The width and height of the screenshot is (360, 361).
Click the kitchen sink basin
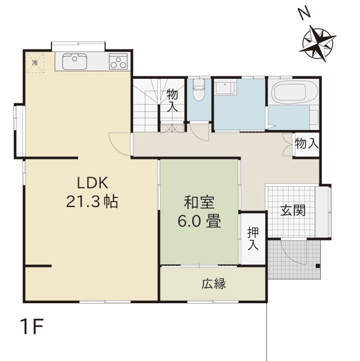tap(75, 61)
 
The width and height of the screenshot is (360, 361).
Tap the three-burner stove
tap(118, 61)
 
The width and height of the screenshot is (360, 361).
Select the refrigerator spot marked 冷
tap(35, 63)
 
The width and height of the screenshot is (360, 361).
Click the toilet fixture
tap(198, 90)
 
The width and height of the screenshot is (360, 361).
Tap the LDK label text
tap(92, 183)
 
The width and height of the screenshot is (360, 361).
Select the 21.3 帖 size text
tap(92, 202)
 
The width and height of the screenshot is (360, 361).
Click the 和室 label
tap(199, 202)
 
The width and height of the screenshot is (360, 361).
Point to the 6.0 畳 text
tap(199, 221)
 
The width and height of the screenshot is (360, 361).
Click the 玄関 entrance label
tap(293, 210)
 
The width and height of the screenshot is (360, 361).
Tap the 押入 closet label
tap(253, 239)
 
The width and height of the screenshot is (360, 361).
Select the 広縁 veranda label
tap(214, 283)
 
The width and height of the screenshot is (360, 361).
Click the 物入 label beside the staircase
tap(173, 100)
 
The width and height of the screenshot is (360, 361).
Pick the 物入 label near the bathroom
tap(307, 143)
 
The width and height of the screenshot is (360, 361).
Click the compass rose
tap(318, 44)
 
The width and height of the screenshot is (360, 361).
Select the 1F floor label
tap(32, 326)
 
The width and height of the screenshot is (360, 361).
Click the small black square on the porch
tap(318, 266)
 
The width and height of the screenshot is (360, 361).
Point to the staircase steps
tap(146, 105)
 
